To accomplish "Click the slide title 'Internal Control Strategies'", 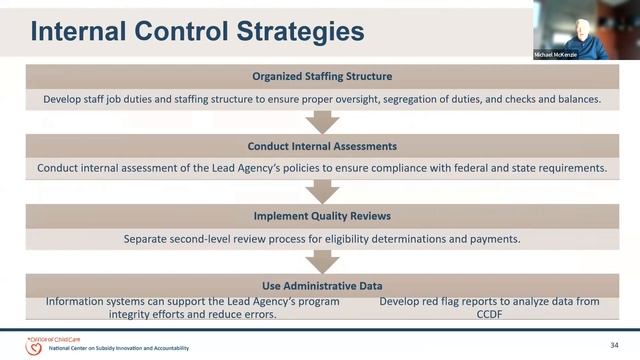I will point(197,32).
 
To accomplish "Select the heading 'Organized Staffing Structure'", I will point(320,77).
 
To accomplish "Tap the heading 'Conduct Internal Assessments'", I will point(321,146).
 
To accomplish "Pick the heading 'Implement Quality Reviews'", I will point(321,215).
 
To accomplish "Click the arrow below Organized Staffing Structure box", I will point(321,121).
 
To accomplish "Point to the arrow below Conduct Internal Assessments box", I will point(321,190).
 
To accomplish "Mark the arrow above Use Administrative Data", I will point(321,260).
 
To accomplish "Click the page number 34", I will point(615,344).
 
